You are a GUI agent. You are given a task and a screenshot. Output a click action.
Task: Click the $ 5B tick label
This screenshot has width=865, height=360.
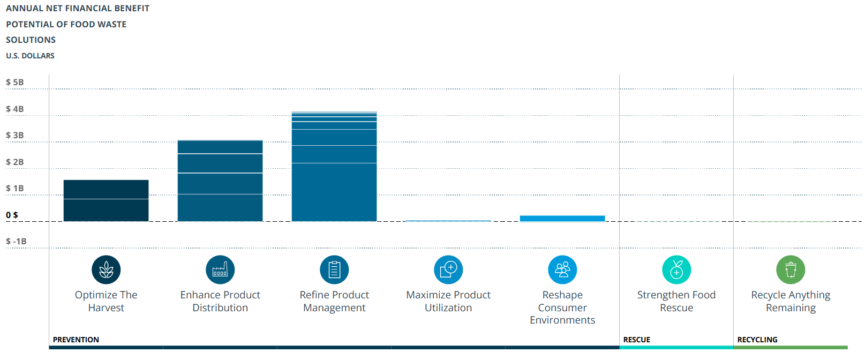point(15,82)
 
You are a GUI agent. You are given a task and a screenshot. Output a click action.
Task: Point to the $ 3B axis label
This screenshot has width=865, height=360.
point(15,136)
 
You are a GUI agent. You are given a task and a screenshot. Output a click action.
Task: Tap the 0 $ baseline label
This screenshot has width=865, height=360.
point(12,215)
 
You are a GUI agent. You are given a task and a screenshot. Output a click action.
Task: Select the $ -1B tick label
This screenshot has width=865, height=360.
point(16,242)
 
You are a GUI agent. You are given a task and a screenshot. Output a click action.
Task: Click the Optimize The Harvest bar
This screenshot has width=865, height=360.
point(106,201)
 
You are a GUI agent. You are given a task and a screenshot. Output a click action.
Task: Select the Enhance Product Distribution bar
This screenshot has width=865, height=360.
point(220,181)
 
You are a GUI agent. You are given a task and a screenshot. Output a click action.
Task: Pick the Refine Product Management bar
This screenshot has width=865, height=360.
point(334,167)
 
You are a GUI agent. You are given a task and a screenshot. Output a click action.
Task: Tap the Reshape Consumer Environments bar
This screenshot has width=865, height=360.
point(562,219)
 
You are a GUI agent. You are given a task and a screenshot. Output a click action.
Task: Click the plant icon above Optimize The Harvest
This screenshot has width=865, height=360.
point(106,269)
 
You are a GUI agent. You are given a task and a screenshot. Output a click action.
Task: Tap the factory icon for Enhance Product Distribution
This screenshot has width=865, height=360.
point(220,269)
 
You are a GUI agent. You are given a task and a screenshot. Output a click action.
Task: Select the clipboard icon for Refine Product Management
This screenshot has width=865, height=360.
point(334,269)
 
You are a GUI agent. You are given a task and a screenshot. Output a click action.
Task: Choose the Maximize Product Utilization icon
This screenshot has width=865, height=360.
point(448,269)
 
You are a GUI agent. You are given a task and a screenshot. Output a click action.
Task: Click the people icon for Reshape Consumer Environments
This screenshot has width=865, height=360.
point(562,269)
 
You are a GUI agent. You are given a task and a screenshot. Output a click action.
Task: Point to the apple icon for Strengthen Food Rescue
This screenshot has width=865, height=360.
point(676,269)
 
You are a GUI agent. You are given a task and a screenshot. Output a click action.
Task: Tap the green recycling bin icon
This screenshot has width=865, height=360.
point(791,269)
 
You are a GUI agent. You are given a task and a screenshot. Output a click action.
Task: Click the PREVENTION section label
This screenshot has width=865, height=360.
point(76,340)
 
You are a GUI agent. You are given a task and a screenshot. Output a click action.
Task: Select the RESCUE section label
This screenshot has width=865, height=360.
point(637,340)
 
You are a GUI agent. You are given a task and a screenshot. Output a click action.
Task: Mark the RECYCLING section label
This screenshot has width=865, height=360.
point(757,340)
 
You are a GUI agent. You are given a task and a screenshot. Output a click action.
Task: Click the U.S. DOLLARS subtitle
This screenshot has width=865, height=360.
point(31,56)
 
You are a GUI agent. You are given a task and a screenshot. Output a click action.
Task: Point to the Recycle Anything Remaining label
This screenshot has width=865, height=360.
point(791,301)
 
